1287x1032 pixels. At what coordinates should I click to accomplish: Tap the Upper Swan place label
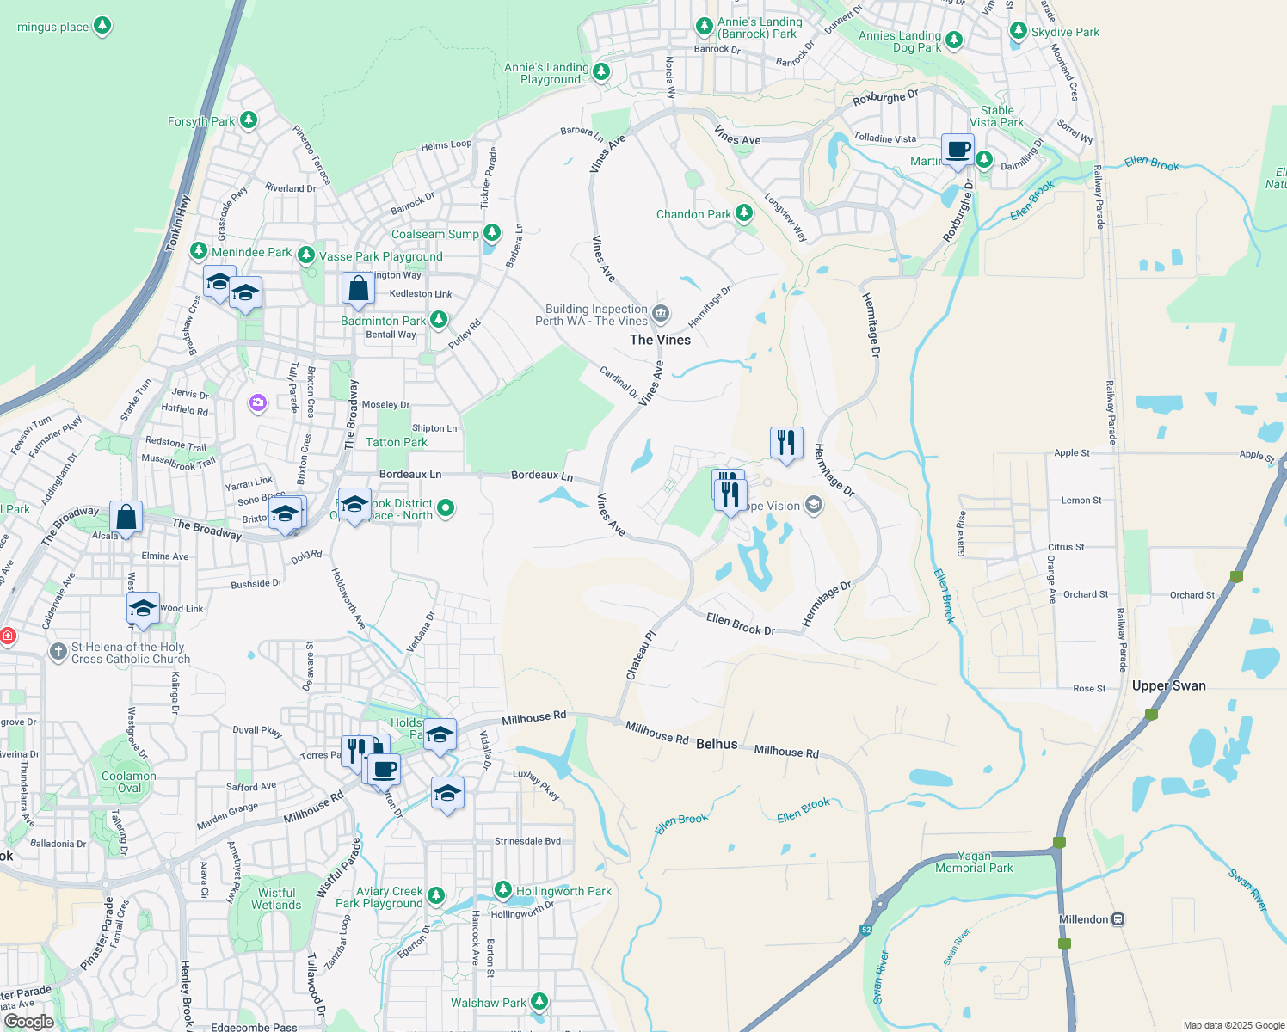[x=1168, y=685]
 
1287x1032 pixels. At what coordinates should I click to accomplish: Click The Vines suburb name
[x=660, y=340]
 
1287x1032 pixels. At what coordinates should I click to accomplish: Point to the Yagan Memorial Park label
[x=974, y=862]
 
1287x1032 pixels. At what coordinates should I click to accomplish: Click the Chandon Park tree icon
[x=744, y=213]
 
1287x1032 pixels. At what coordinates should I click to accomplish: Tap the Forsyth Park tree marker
[x=249, y=120]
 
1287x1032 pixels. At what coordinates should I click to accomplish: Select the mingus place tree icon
[x=102, y=26]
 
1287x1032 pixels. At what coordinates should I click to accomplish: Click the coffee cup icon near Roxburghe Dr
[x=958, y=150]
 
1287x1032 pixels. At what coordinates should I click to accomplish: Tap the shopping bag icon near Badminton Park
[x=358, y=289]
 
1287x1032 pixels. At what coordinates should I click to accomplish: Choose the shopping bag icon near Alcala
[x=126, y=518]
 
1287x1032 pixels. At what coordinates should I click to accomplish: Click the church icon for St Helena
[x=58, y=652]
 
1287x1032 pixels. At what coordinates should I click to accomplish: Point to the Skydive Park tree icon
[x=1019, y=31]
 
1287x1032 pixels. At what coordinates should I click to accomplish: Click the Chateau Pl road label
[x=641, y=655]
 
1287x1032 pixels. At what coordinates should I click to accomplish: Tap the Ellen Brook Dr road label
[x=740, y=623]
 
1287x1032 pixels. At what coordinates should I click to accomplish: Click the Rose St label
[x=1089, y=689]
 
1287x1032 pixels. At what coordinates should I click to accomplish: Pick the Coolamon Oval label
[x=129, y=782]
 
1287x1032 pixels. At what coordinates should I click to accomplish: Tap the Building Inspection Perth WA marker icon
[x=661, y=313]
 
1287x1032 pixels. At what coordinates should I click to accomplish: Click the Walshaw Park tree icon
[x=539, y=1002]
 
